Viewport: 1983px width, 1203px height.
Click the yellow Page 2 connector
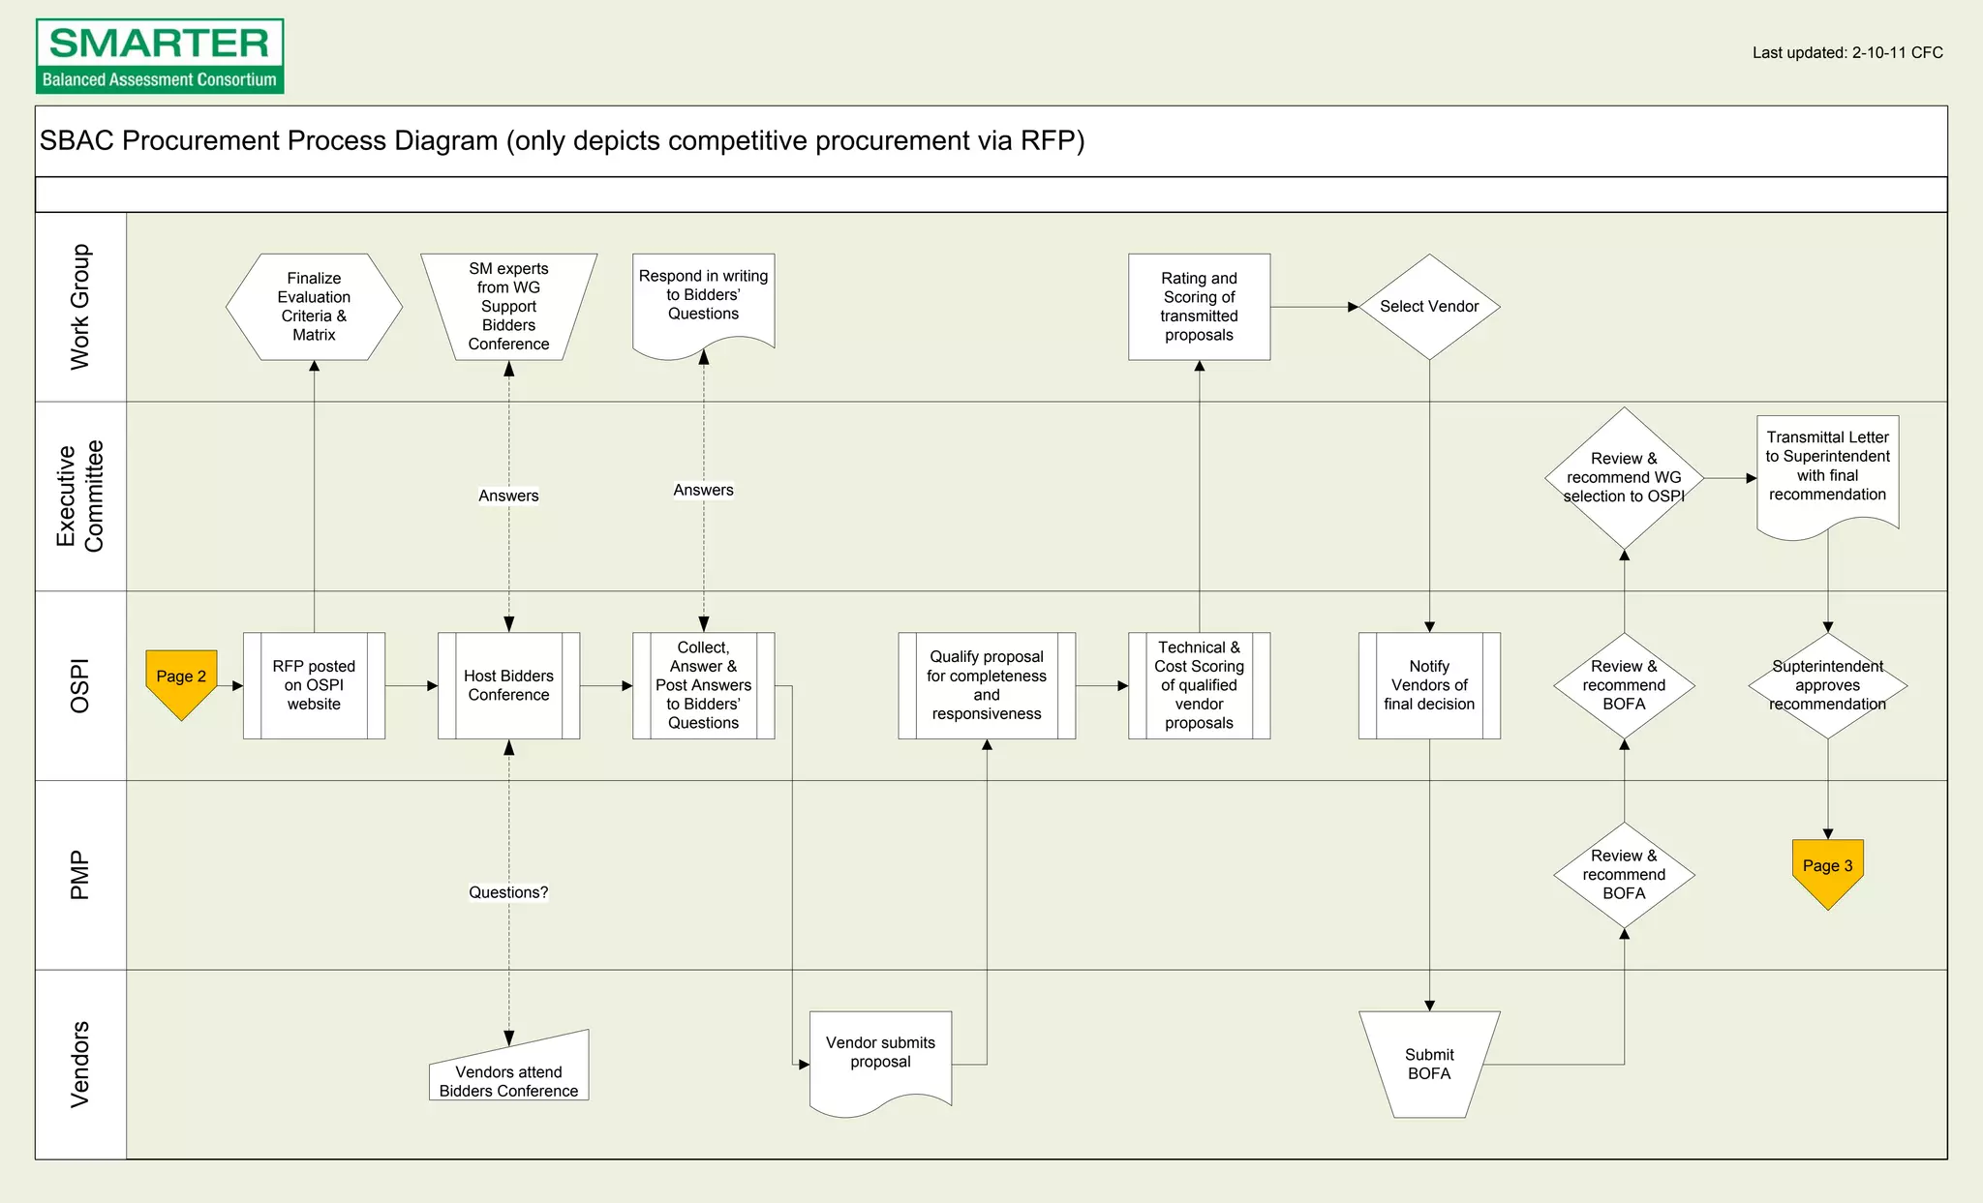point(181,680)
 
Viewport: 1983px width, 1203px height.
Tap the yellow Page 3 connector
point(1827,870)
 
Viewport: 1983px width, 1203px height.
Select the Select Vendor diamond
point(1429,307)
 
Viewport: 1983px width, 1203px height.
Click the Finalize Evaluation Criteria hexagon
point(314,307)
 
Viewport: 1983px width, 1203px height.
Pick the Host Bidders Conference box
point(508,685)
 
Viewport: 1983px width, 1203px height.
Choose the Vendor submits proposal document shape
point(880,1057)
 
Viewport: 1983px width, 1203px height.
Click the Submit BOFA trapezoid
point(1429,1064)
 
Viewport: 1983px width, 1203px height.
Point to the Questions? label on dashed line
point(508,892)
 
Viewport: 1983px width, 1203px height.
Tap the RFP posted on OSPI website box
point(314,685)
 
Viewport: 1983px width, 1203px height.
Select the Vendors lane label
point(80,1064)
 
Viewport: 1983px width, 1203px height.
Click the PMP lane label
point(80,875)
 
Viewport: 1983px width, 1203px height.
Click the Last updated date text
point(1846,53)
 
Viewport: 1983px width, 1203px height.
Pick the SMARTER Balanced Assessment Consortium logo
point(160,56)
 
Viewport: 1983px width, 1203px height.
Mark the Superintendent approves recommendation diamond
point(1827,685)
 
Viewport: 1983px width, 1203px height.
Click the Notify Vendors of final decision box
point(1429,685)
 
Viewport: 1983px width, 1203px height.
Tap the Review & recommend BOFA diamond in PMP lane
point(1624,875)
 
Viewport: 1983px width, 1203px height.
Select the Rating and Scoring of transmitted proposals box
point(1199,307)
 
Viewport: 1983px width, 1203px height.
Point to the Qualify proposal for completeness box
point(986,685)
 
